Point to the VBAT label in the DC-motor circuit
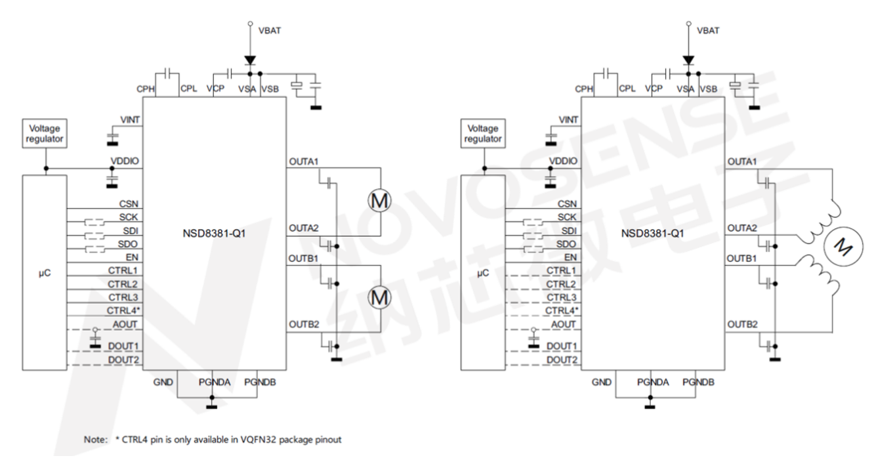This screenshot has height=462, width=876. pos(270,31)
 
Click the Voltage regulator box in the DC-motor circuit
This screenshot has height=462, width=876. pos(45,133)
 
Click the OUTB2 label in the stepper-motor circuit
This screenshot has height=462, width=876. pos(741,324)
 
